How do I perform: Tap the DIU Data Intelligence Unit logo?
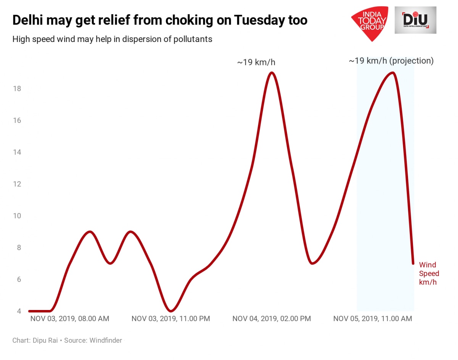pyautogui.click(x=415, y=20)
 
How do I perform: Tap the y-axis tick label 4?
pyautogui.click(x=19, y=311)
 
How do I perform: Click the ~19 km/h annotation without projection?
pyautogui.click(x=256, y=63)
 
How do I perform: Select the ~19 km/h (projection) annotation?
pyautogui.click(x=391, y=61)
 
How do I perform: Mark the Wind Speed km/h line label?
pyautogui.click(x=429, y=274)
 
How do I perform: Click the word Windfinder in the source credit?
pyautogui.click(x=106, y=341)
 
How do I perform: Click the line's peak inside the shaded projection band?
pyautogui.click(x=392, y=73)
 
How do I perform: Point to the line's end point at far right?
pyautogui.click(x=413, y=263)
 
